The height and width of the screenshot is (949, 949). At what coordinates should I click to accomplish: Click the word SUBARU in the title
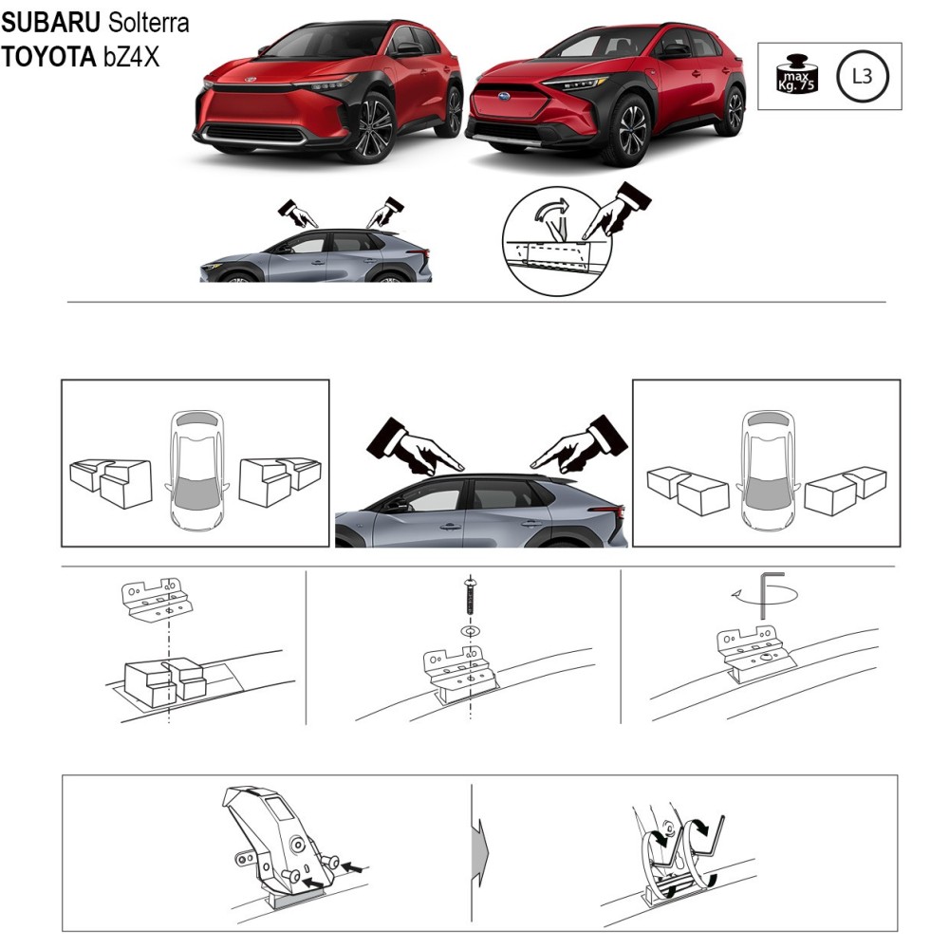click(x=51, y=23)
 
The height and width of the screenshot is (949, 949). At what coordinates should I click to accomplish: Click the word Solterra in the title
click(x=149, y=23)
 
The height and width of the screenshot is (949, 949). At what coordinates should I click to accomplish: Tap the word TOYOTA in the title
click(x=49, y=57)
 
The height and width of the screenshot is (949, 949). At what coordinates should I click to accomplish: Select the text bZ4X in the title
click(x=131, y=57)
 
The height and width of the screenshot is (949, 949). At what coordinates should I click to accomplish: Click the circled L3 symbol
click(x=863, y=76)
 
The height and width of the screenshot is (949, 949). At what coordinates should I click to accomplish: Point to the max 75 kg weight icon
click(x=796, y=75)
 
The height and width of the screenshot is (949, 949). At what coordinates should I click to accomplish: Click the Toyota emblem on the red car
click(x=250, y=80)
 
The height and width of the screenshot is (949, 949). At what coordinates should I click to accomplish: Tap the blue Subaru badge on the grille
click(x=503, y=97)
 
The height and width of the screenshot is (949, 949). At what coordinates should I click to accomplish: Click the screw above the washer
click(x=470, y=597)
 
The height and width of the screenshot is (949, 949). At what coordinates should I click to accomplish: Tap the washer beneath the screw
click(x=471, y=631)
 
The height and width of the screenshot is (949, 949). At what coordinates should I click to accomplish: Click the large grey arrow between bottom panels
click(x=478, y=853)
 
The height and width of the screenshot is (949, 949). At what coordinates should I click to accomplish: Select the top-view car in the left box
click(x=196, y=470)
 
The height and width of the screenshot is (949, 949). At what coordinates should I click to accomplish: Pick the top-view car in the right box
click(x=768, y=471)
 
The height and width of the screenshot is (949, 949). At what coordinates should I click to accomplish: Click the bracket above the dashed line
click(x=158, y=600)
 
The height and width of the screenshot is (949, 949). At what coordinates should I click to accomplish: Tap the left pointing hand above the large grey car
click(x=414, y=446)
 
